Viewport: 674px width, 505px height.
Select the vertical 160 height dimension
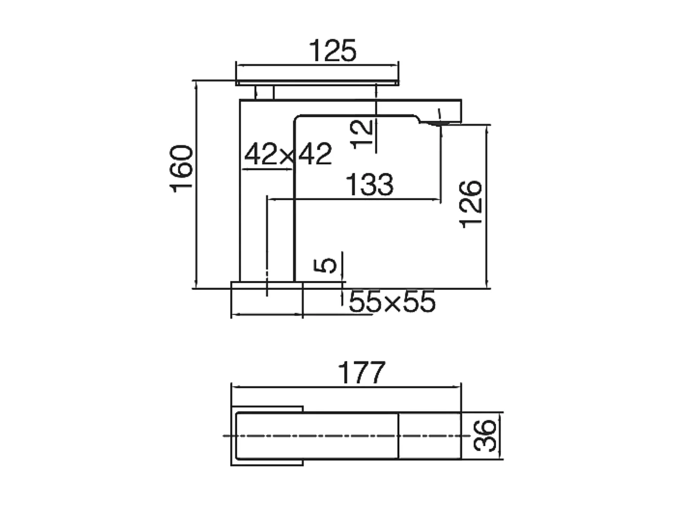click(x=182, y=169)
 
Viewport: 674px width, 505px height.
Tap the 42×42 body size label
click(x=288, y=154)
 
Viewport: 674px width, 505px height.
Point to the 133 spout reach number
click(x=369, y=184)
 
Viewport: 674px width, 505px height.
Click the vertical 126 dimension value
click(x=471, y=204)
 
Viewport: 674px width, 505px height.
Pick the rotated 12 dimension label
click(x=362, y=134)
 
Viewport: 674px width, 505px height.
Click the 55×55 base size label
click(x=392, y=302)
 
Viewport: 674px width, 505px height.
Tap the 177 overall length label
click(x=361, y=372)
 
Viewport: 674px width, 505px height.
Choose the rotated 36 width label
click(x=485, y=435)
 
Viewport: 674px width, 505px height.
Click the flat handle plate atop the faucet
click(x=317, y=83)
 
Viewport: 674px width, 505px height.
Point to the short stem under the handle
click(x=264, y=92)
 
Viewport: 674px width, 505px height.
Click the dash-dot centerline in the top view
click(x=315, y=435)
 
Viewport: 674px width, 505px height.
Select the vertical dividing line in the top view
click(x=399, y=435)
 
